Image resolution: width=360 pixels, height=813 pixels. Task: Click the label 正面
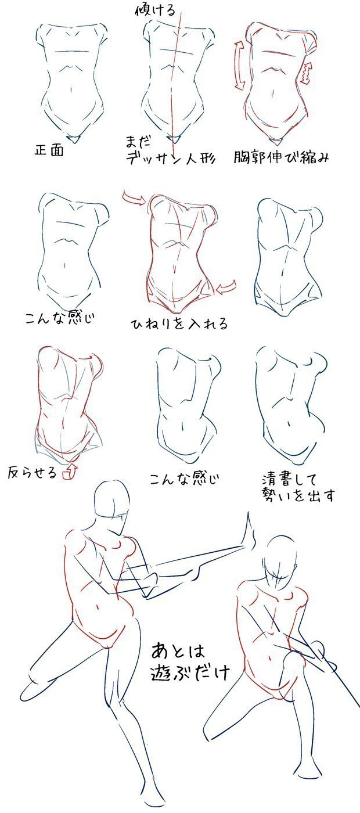click(x=49, y=150)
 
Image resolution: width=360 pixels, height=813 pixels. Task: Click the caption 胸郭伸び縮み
click(x=281, y=157)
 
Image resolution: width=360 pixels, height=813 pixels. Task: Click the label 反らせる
click(x=33, y=472)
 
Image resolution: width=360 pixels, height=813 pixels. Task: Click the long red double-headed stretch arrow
click(x=239, y=65)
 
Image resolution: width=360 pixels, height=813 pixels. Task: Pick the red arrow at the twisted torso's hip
click(x=226, y=286)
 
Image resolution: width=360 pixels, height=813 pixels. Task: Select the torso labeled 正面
click(x=71, y=81)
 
